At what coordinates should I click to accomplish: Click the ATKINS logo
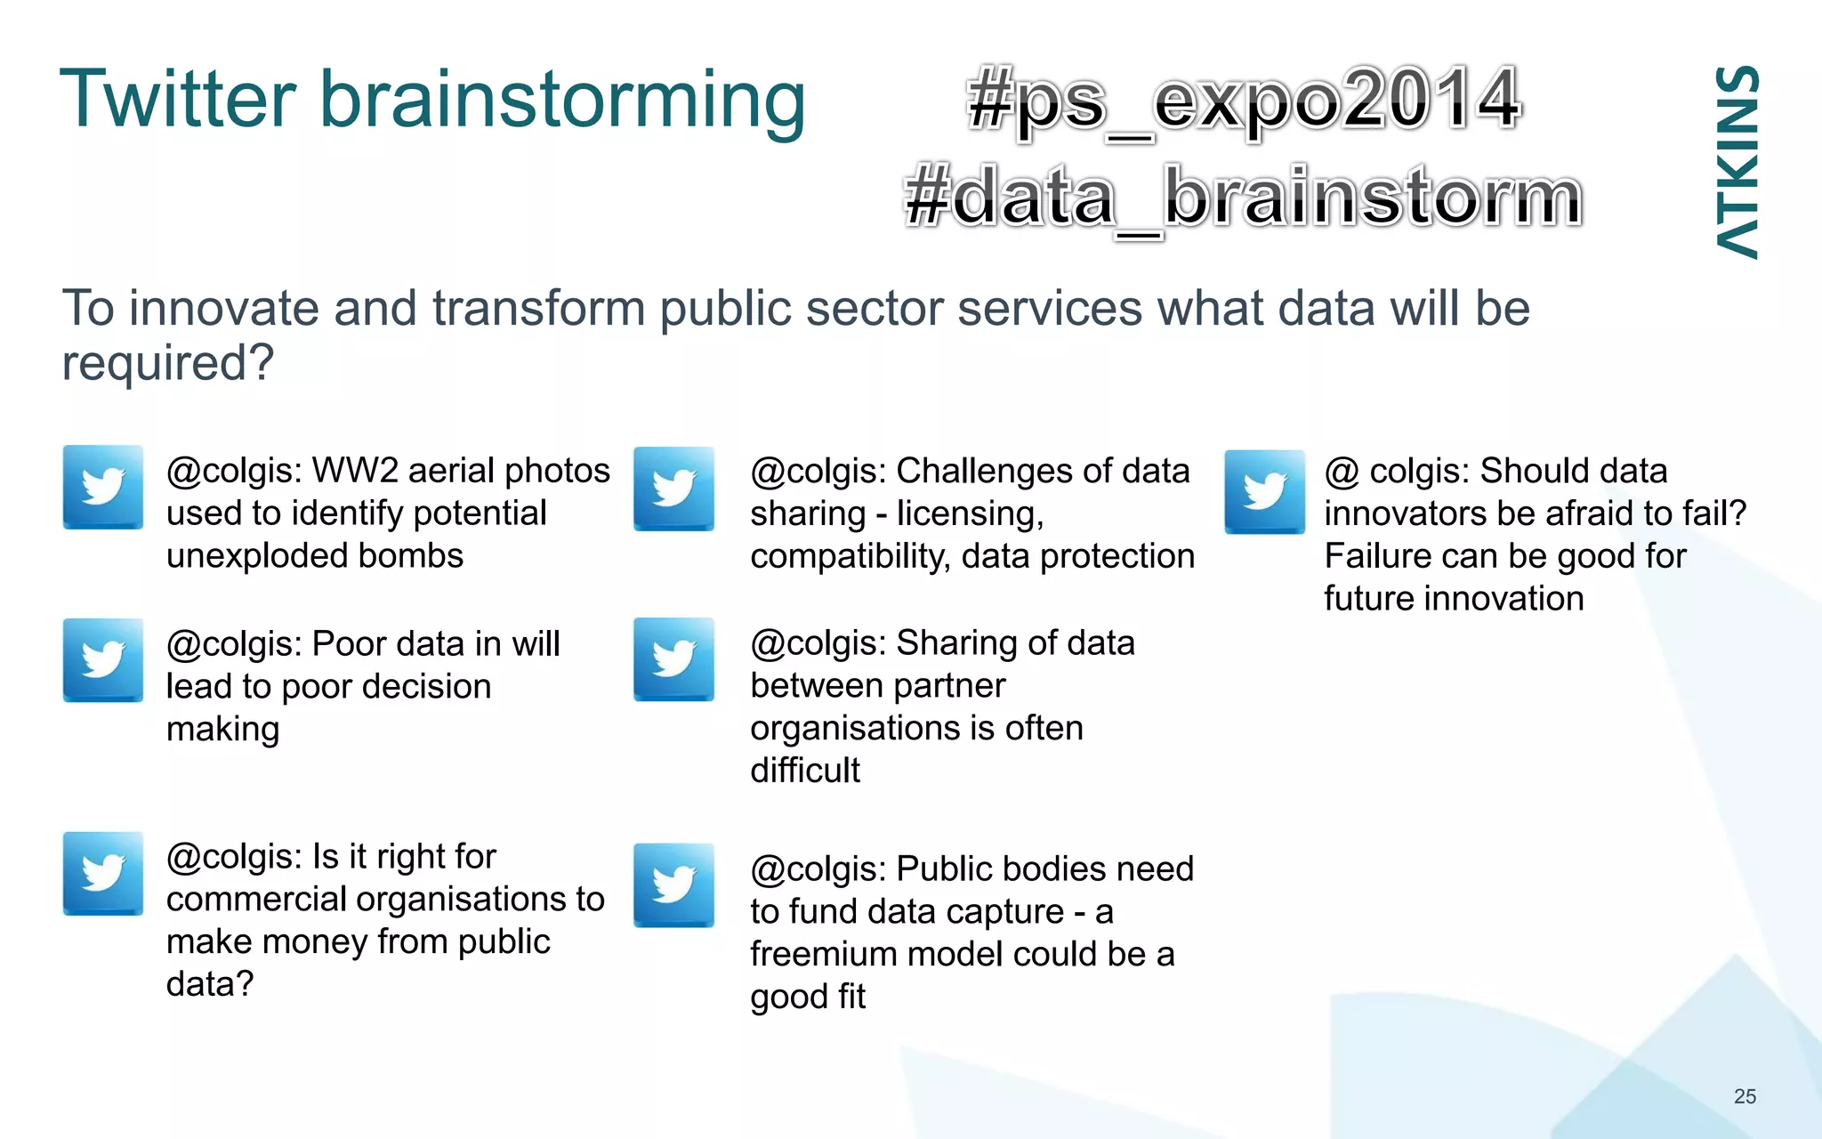click(x=1737, y=162)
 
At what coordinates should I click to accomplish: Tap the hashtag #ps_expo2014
click(x=1244, y=101)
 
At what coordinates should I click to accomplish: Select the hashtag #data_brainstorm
click(x=1243, y=198)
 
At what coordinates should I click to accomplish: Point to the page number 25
click(x=1745, y=1096)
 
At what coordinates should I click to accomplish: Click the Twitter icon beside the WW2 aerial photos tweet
click(x=103, y=487)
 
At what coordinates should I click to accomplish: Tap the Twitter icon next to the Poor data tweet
click(x=103, y=659)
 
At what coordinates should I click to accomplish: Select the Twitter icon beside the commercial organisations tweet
click(x=103, y=873)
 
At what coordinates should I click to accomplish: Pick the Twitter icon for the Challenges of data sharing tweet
click(x=673, y=489)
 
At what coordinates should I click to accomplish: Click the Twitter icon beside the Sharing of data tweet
click(x=673, y=659)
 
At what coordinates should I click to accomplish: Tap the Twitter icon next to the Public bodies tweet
click(x=673, y=885)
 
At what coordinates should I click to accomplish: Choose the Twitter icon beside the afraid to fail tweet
click(x=1264, y=491)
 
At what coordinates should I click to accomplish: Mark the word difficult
click(x=805, y=771)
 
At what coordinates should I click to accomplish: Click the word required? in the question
click(x=167, y=364)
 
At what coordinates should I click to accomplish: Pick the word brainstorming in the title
click(x=562, y=101)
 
